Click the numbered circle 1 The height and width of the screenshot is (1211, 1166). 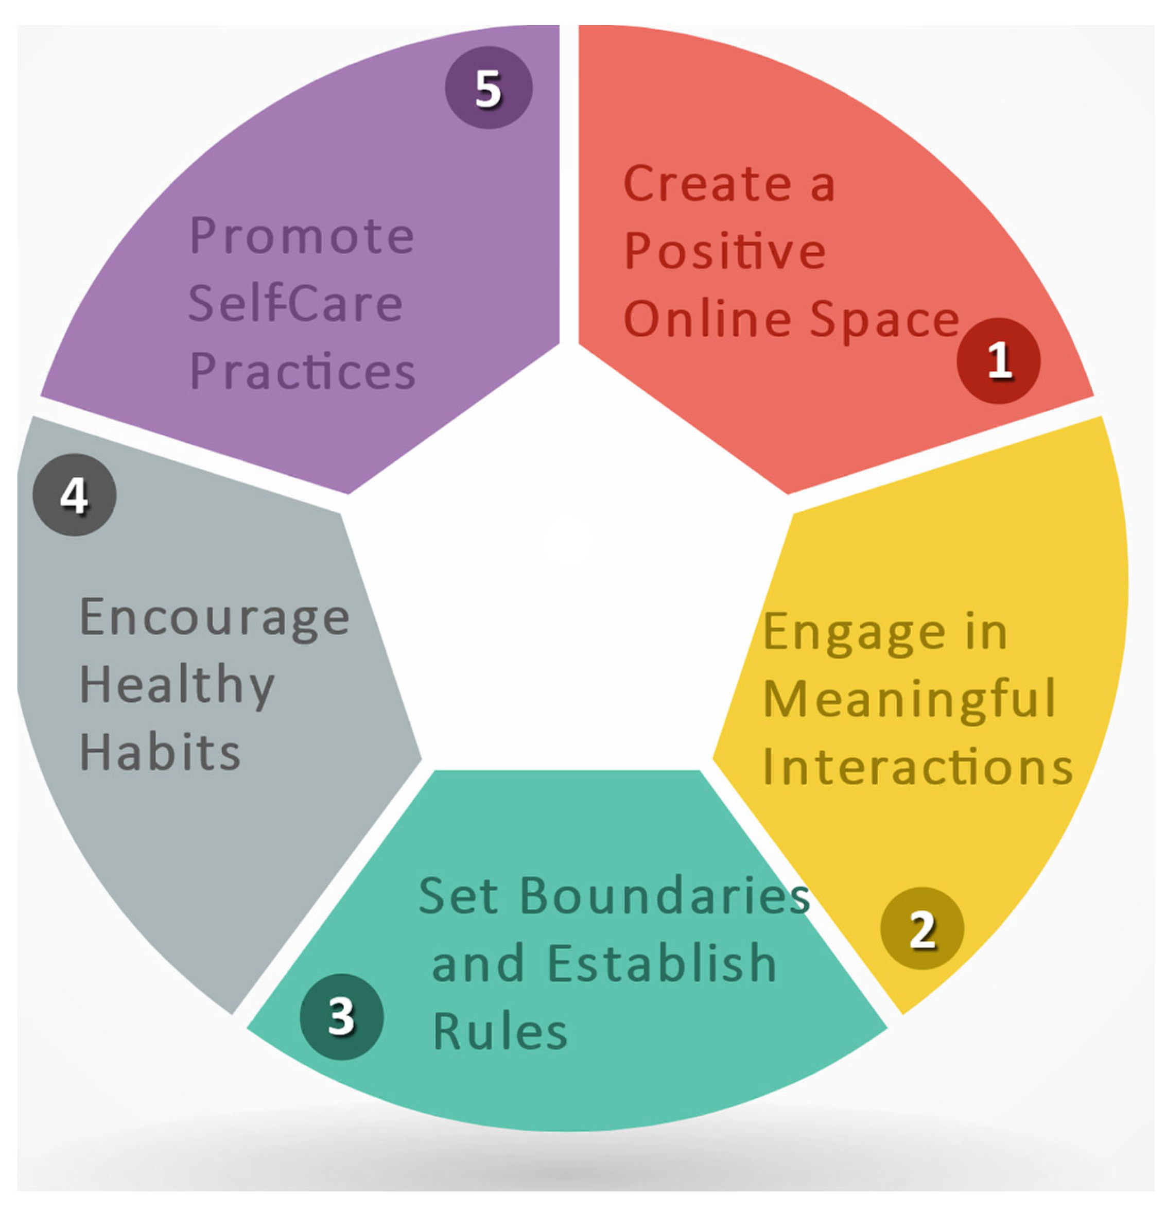tap(998, 360)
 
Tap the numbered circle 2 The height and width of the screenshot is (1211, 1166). tap(921, 928)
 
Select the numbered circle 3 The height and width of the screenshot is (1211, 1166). tap(341, 1016)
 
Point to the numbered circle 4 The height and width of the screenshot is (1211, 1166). tap(74, 494)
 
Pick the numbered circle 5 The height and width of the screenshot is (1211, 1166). tap(488, 88)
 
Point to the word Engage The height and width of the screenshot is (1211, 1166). tap(854, 633)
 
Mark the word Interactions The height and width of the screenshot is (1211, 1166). tap(918, 767)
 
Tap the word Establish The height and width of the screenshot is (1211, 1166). tap(662, 963)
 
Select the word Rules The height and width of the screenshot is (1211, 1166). tap(499, 1031)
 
